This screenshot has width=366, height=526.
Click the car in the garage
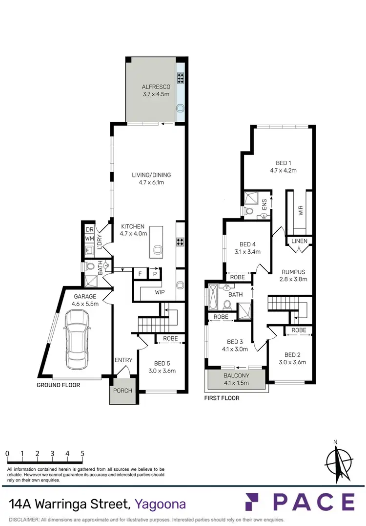[x=77, y=340]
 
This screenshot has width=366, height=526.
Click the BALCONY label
[x=236, y=376]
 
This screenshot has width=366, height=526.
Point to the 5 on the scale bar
[x=82, y=454]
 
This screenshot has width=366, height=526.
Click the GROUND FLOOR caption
[x=59, y=385]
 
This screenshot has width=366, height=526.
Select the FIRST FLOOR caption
[x=222, y=398]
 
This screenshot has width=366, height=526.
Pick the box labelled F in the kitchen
[x=140, y=274]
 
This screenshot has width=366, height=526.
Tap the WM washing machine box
[x=89, y=239]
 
